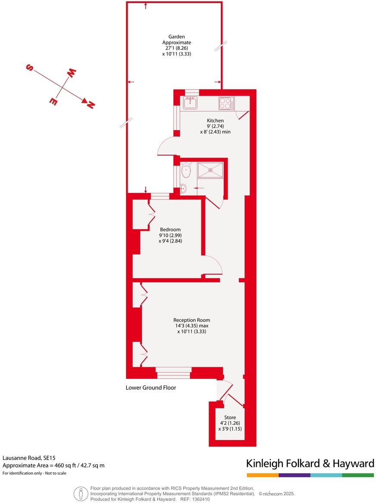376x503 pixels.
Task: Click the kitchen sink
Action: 190,103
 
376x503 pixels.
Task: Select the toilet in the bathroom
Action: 186,170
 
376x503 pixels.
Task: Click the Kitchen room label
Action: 215,121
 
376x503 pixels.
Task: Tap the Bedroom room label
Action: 170,230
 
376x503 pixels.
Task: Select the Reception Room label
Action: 191,320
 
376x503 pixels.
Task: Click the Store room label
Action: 230,417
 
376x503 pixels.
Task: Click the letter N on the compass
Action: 91,104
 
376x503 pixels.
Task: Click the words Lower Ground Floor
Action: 150,388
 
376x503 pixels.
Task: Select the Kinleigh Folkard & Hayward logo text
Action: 310,463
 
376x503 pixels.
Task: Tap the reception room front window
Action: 173,373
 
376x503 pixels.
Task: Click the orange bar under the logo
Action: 263,475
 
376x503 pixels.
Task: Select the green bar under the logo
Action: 358,475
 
